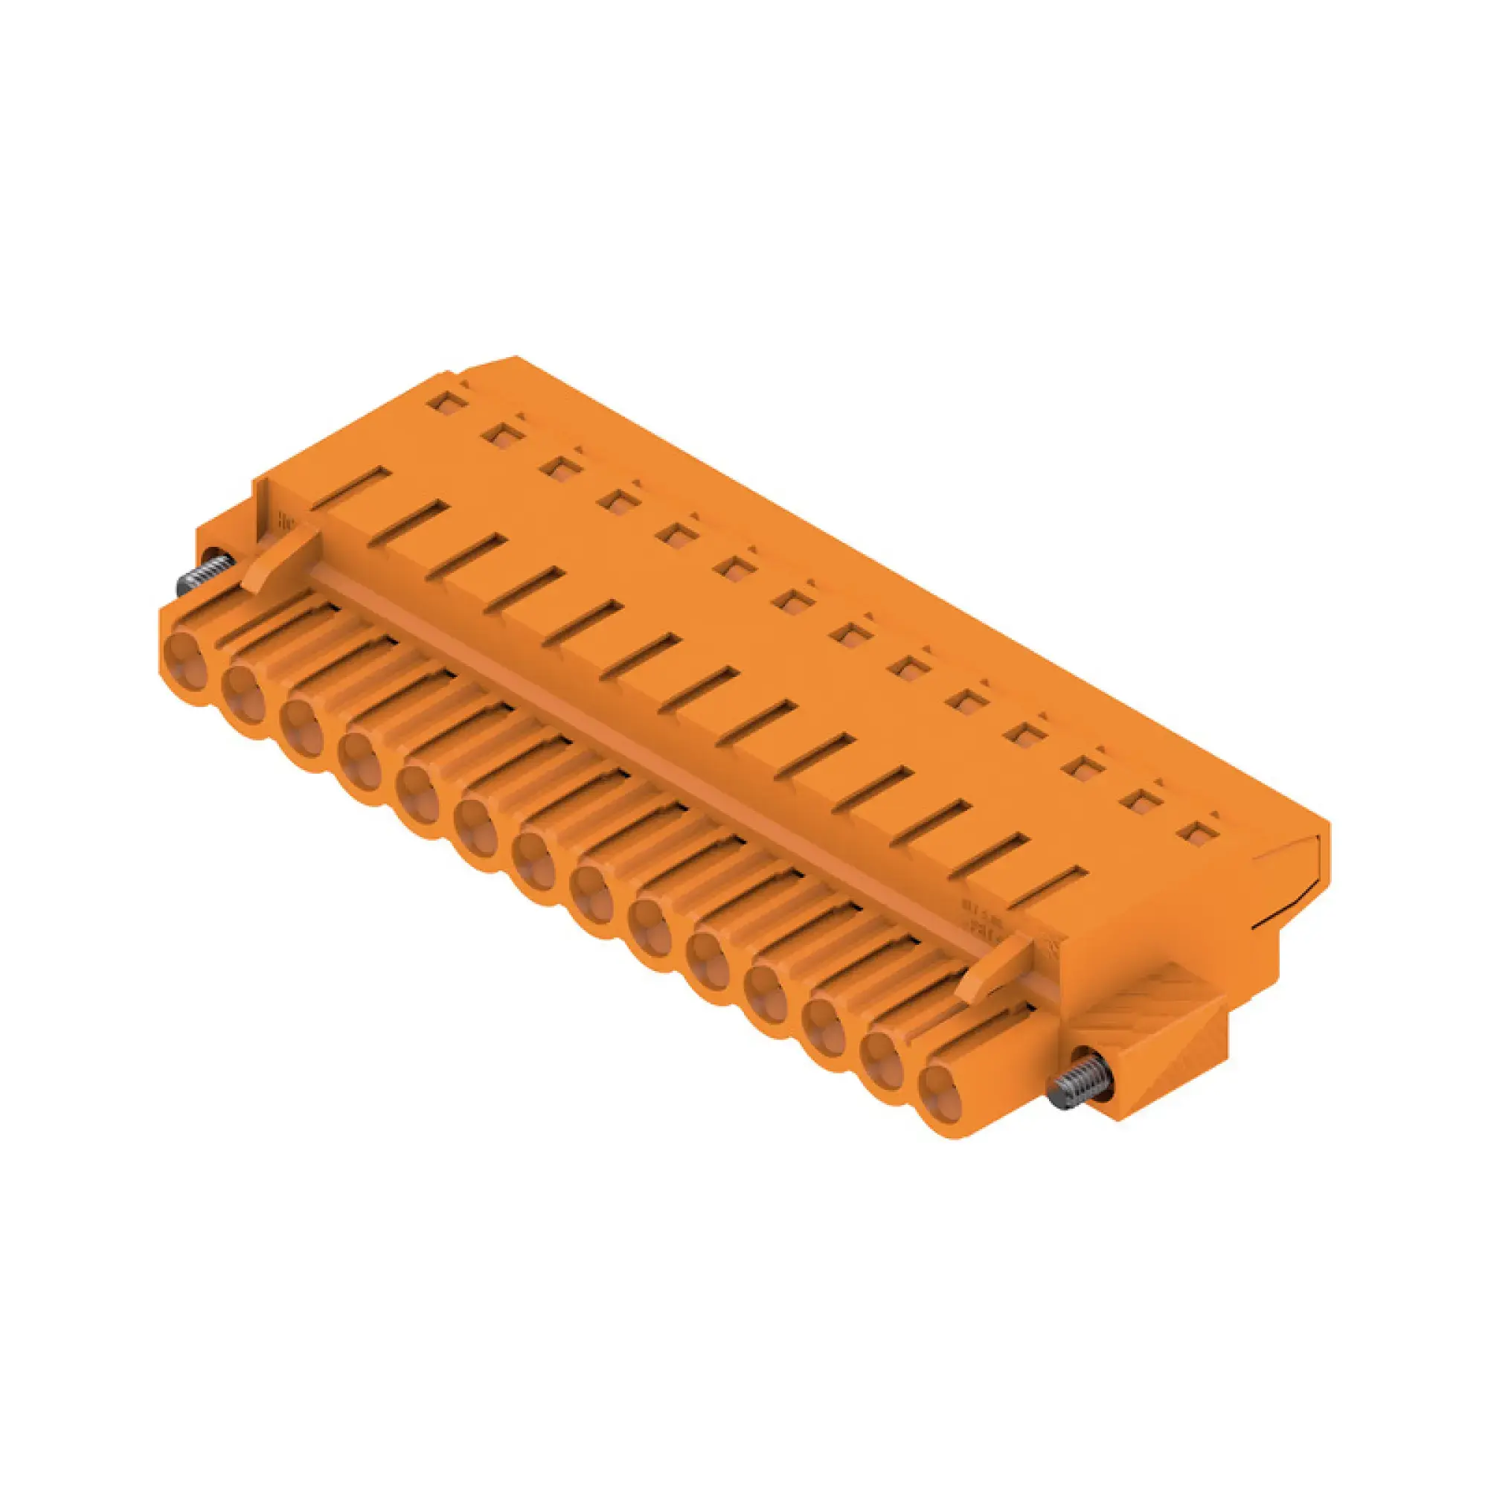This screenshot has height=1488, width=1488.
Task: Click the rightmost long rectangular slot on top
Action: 1047,887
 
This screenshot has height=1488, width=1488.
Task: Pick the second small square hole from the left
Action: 503,435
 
